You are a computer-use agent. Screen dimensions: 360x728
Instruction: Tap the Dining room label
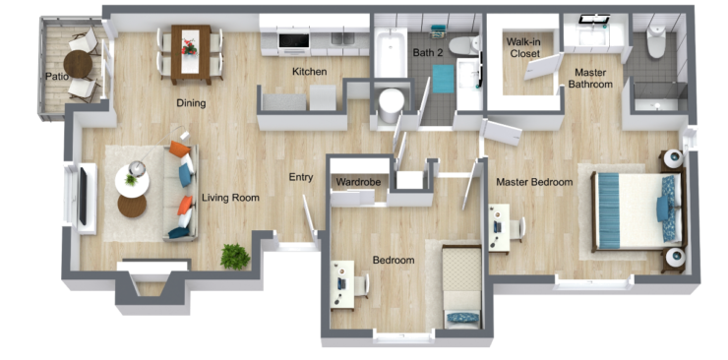[190, 103]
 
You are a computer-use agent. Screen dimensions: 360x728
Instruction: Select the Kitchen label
[309, 72]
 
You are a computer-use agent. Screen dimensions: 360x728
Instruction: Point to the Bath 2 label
[428, 52]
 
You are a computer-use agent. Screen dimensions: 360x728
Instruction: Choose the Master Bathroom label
[590, 78]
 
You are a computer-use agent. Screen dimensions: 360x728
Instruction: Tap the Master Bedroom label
[534, 182]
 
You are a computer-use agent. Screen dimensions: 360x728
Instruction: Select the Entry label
[300, 178]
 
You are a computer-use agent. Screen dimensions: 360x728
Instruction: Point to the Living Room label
[230, 198]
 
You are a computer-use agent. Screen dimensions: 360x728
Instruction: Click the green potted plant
[234, 256]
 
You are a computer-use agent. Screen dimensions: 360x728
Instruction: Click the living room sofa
[182, 192]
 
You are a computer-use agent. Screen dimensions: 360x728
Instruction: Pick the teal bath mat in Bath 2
[443, 78]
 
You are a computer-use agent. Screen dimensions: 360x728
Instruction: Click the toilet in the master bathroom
[657, 42]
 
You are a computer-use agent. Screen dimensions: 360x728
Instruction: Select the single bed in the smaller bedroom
[461, 285]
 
